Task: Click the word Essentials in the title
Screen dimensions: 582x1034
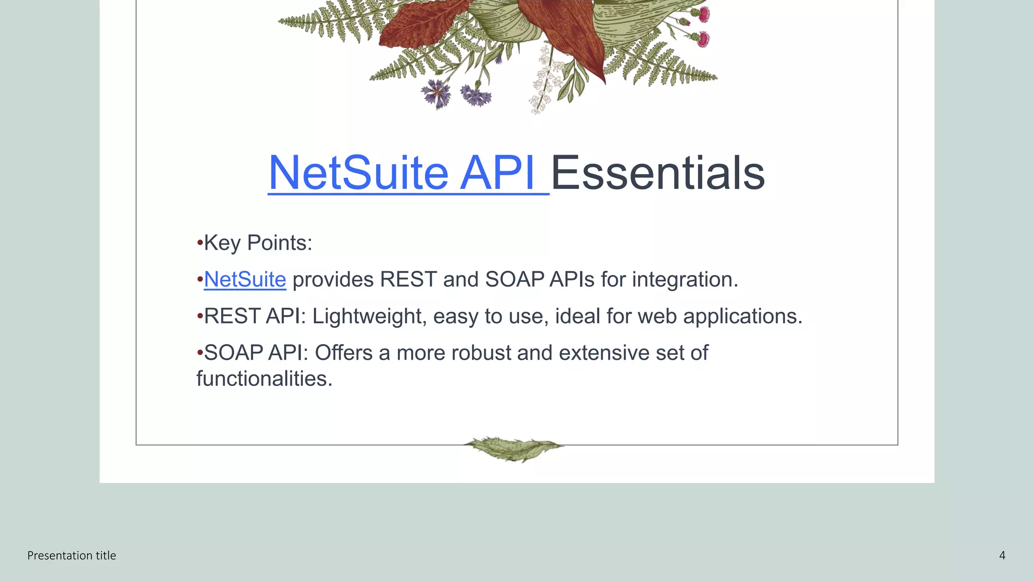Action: tap(657, 173)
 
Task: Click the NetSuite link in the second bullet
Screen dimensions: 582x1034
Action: tap(245, 279)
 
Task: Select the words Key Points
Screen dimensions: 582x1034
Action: tap(257, 243)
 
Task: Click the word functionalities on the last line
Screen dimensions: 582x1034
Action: tap(264, 379)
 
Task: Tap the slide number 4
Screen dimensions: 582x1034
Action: tap(1002, 556)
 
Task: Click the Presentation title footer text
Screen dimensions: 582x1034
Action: tap(72, 556)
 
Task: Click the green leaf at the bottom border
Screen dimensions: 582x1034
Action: tap(513, 448)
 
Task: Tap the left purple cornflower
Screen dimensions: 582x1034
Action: tap(436, 93)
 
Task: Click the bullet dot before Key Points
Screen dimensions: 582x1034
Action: tap(200, 243)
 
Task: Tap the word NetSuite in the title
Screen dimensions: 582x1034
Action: tap(358, 173)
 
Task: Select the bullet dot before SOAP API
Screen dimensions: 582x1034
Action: tap(200, 352)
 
